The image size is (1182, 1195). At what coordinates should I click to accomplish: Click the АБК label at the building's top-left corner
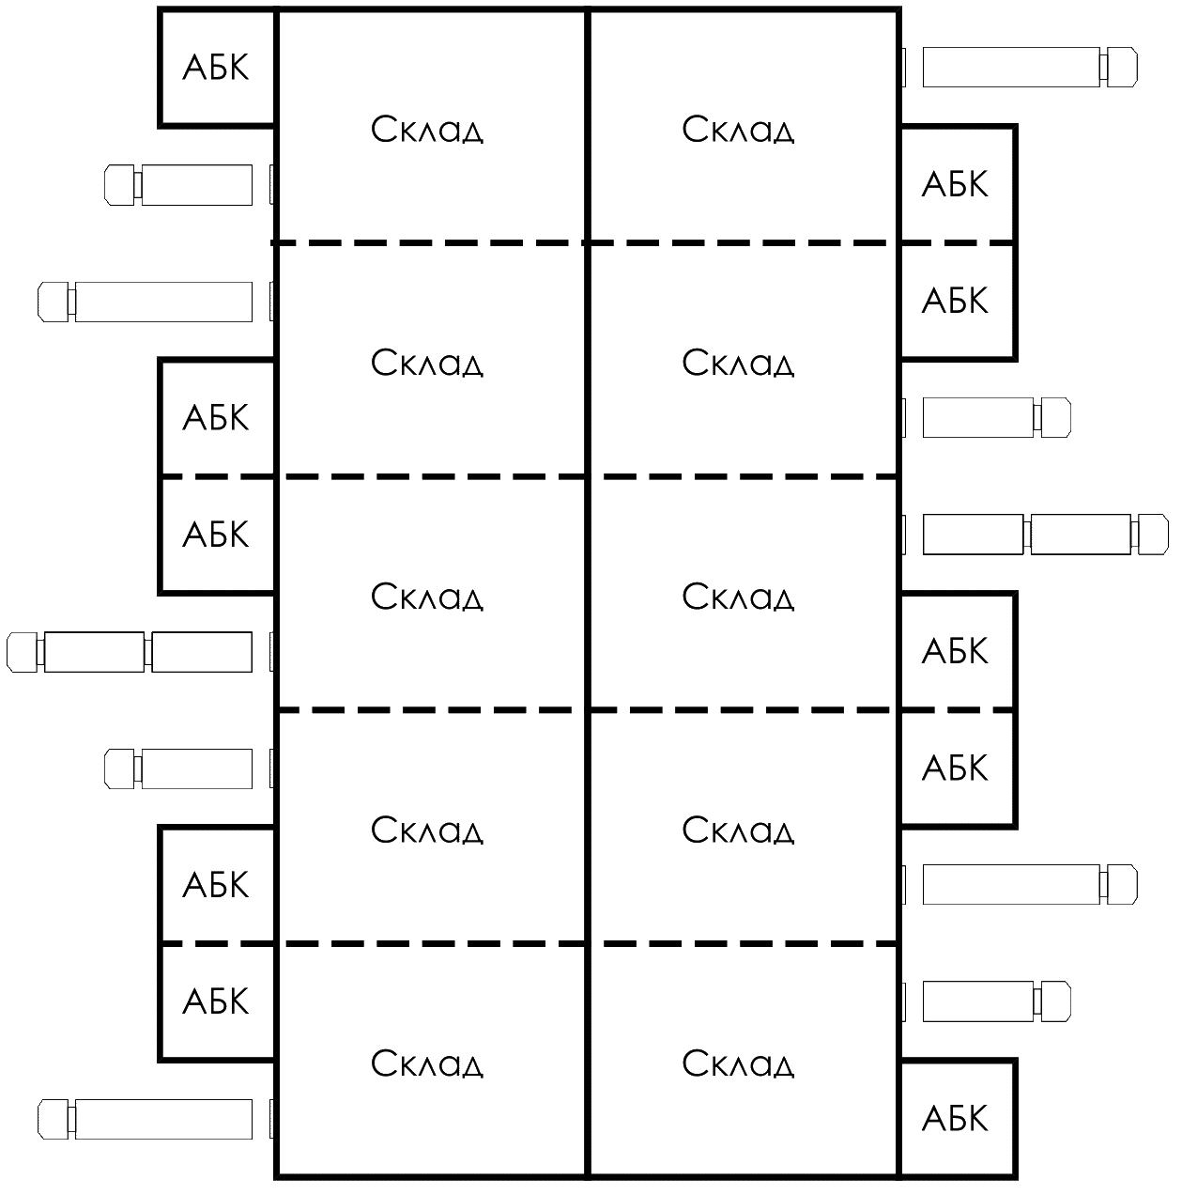[216, 68]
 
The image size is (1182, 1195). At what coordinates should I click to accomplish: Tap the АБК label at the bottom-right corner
[955, 1119]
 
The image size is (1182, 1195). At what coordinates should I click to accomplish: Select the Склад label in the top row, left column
[427, 130]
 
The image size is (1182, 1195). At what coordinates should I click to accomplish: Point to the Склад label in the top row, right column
[738, 130]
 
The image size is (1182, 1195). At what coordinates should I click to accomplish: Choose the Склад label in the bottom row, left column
[427, 1064]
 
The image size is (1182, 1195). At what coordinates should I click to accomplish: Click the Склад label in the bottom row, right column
[738, 1064]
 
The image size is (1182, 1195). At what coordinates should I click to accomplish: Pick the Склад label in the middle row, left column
[427, 597]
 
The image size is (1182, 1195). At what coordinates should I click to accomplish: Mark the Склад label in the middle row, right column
[738, 597]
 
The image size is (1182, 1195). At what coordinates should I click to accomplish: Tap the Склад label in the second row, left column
[427, 363]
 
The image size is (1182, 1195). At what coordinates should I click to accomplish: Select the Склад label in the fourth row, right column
[738, 830]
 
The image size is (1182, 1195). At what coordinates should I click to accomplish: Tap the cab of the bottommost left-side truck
[54, 1119]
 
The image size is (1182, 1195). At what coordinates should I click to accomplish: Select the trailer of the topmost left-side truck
[197, 184]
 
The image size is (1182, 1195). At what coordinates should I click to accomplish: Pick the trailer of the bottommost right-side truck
[978, 1001]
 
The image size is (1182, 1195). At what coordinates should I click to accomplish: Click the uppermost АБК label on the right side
[955, 184]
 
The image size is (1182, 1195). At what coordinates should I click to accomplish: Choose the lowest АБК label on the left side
[216, 1001]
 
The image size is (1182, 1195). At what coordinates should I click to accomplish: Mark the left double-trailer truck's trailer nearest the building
[202, 652]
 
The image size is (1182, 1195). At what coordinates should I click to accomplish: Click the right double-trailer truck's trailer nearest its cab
[1081, 535]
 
